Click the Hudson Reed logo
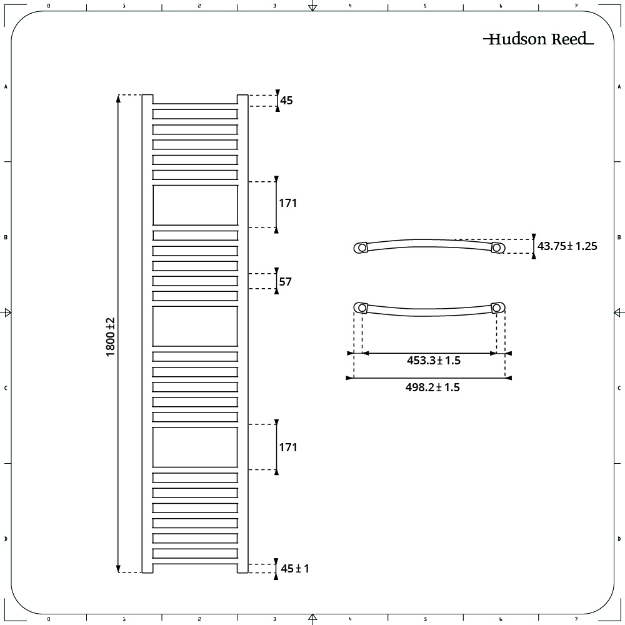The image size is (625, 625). [x=539, y=39]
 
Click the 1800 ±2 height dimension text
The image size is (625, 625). [x=111, y=337]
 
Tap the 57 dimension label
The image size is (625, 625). [x=286, y=282]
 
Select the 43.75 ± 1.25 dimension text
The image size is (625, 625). [x=567, y=246]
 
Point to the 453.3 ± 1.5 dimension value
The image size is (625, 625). [x=434, y=361]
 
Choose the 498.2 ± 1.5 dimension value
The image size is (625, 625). [x=432, y=387]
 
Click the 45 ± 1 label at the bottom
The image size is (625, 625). [x=295, y=568]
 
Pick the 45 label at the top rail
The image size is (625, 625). [x=286, y=101]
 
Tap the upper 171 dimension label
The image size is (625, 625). [x=287, y=203]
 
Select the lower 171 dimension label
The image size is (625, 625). [x=287, y=447]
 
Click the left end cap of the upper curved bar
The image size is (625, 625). [x=361, y=247]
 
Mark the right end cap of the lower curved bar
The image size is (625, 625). [x=497, y=307]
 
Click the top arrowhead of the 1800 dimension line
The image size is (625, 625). [x=118, y=99]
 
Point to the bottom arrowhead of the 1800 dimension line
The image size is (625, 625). [x=118, y=568]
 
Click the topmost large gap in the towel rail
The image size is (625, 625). [x=195, y=205]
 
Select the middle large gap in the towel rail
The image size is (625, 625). [x=195, y=326]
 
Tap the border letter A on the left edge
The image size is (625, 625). [x=6, y=86]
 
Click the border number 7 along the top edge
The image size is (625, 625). [x=576, y=6]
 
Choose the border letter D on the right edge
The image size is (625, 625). [x=619, y=539]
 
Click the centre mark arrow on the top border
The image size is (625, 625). [x=313, y=6]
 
